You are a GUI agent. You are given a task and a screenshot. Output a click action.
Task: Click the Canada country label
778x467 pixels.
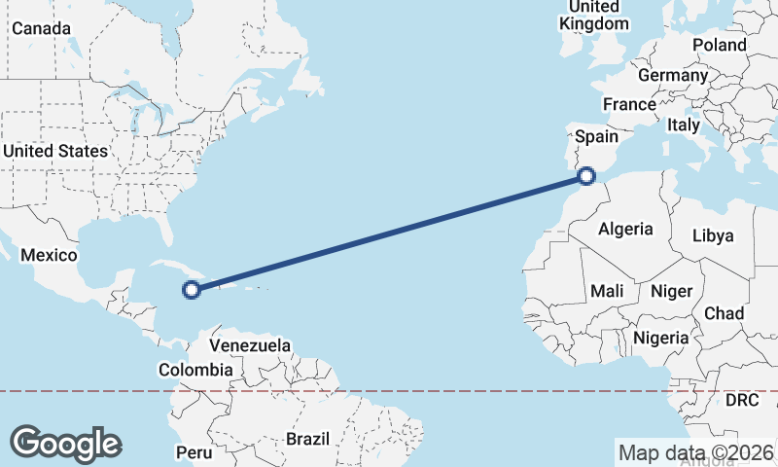click(41, 28)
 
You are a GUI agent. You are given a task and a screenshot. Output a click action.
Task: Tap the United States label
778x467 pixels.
click(54, 151)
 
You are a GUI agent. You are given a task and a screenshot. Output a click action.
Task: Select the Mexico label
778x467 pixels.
click(49, 255)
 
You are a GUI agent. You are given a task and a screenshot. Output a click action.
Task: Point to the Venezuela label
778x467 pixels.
click(251, 345)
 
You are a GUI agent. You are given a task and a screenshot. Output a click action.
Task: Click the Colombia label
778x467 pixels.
click(195, 370)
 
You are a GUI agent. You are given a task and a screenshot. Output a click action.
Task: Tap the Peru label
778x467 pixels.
click(194, 452)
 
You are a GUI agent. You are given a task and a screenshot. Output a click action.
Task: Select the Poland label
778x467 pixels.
click(720, 45)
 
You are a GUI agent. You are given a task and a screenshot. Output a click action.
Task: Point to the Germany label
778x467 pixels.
click(673, 75)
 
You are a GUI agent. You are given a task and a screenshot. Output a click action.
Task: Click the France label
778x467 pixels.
click(629, 104)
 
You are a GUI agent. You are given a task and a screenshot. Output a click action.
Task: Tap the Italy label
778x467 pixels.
click(684, 125)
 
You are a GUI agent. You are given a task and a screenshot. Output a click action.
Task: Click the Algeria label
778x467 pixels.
click(625, 229)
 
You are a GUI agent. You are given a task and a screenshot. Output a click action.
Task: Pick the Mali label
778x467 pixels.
click(607, 290)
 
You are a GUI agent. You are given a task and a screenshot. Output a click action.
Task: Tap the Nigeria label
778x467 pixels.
click(660, 338)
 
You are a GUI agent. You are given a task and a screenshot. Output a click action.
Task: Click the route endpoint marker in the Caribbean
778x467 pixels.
click(192, 288)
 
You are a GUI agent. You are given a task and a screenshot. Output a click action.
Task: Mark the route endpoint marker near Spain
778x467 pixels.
click(585, 176)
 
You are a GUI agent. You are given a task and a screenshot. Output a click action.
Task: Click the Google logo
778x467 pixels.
click(65, 444)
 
